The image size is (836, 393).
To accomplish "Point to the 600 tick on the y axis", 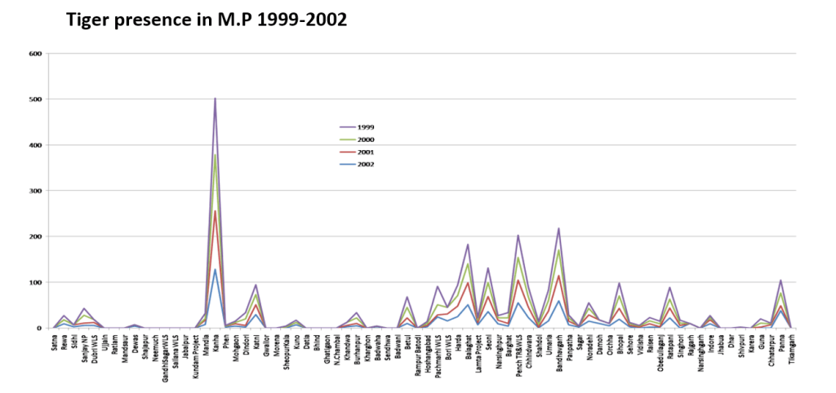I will click(35, 54).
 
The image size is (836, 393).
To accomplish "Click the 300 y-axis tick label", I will click(35, 191).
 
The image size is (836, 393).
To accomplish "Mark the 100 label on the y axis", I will click(35, 282).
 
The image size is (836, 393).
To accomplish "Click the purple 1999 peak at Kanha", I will click(215, 99).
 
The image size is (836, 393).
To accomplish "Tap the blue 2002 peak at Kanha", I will click(215, 269).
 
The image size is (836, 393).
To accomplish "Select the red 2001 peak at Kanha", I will click(215, 211).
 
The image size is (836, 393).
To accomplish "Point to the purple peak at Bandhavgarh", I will click(558, 228).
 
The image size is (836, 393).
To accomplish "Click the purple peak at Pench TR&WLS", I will click(518, 236).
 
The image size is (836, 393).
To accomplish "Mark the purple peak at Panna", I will click(781, 280).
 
